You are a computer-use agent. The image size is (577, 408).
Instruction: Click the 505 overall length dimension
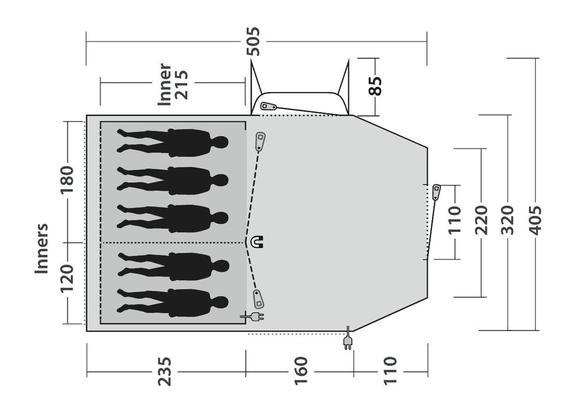pos(254,42)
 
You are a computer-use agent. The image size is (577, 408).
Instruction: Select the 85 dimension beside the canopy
pos(376,86)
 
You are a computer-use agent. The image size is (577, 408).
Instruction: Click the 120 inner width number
pos(68,282)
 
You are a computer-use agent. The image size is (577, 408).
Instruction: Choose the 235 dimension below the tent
pos(165,371)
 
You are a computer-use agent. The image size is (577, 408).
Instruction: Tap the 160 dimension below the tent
pos(299,371)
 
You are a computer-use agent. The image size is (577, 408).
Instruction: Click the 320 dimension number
pos(508,219)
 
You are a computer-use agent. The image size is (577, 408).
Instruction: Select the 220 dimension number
pos(481,219)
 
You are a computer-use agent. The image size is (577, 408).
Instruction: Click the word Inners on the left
pos(42,248)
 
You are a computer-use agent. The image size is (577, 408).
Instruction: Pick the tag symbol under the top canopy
pos(268,106)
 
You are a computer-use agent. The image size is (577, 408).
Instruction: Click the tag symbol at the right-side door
pos(437,191)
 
